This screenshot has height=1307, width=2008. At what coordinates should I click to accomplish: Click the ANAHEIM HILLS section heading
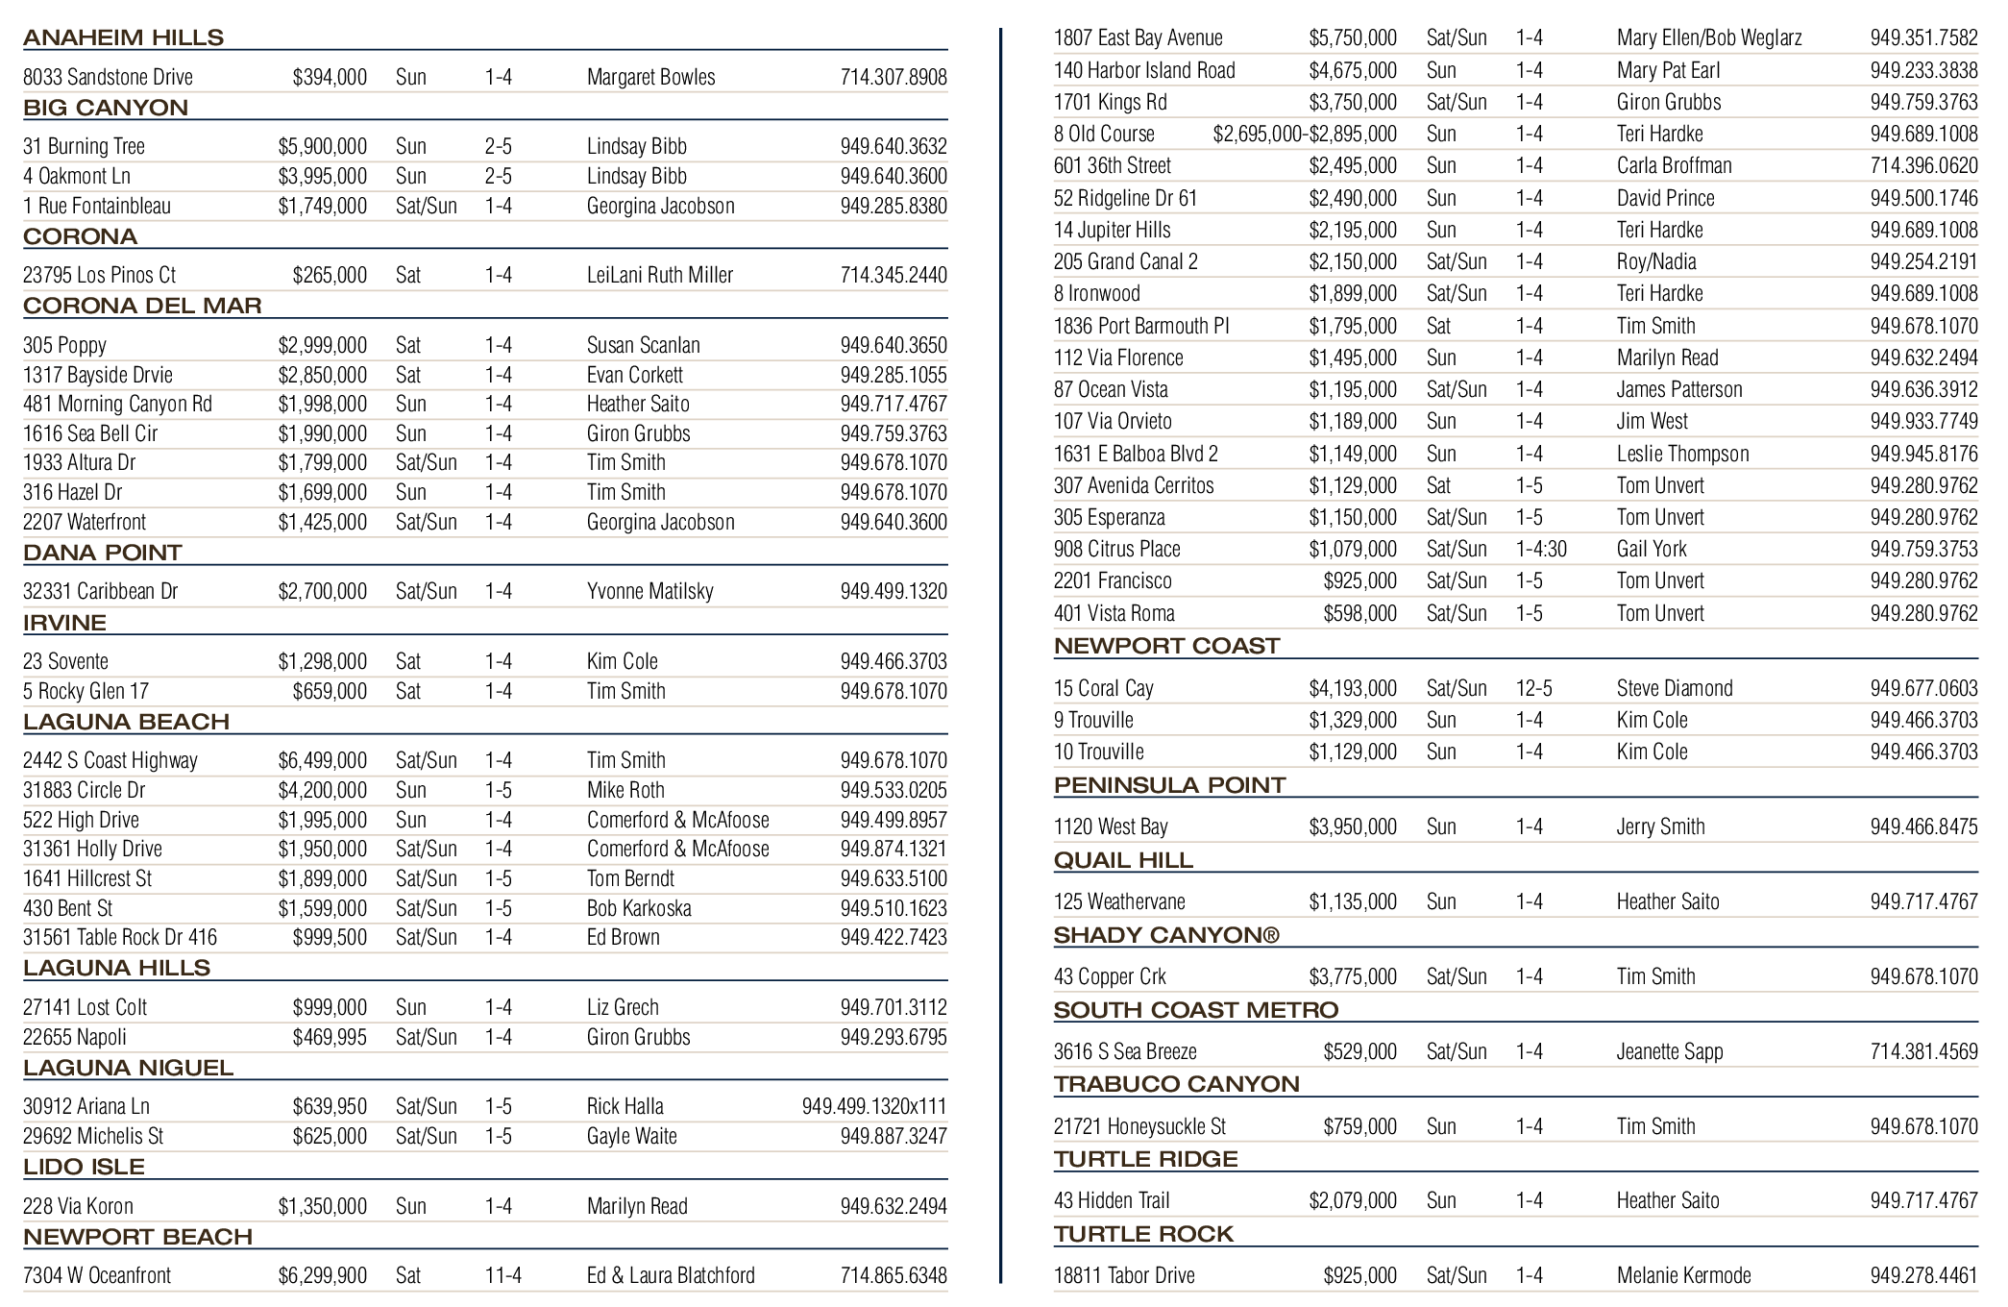click(123, 37)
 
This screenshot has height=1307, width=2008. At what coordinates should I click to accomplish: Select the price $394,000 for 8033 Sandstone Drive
click(330, 77)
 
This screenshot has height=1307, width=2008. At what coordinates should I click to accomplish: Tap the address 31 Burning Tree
click(84, 146)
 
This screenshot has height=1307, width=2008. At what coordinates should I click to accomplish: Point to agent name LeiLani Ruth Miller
click(659, 275)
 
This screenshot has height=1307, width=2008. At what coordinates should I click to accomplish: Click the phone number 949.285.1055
click(893, 375)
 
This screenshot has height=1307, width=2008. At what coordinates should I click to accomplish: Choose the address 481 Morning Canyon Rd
click(117, 404)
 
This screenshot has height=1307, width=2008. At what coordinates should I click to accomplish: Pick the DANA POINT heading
click(102, 553)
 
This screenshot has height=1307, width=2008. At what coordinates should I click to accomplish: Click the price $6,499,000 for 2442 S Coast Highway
click(322, 760)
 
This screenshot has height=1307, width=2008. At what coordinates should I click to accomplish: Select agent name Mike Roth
click(625, 790)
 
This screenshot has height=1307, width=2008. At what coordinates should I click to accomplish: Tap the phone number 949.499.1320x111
click(873, 1106)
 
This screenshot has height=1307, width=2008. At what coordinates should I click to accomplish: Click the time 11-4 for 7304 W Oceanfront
click(502, 1275)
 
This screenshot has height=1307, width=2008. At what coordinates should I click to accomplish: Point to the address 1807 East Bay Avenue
click(1138, 38)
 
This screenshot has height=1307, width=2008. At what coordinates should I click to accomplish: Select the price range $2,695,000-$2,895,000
click(1304, 134)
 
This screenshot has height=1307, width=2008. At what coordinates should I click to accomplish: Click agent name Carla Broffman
click(1674, 165)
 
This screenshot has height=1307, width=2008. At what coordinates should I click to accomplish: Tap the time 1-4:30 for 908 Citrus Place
click(1541, 549)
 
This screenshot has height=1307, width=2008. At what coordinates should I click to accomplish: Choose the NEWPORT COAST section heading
click(1166, 646)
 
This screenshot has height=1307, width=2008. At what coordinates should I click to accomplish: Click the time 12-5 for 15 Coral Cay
click(1533, 688)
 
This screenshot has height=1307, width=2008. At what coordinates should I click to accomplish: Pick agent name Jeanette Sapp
click(1670, 1051)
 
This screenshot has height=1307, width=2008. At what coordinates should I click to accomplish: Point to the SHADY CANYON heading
click(1165, 935)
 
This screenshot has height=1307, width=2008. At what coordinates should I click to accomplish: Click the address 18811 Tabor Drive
click(1124, 1275)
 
